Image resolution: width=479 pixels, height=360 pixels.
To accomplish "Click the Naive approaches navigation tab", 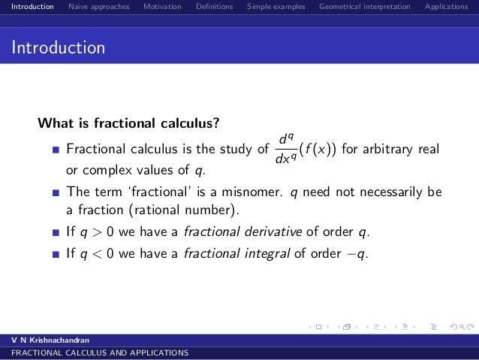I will (x=98, y=7).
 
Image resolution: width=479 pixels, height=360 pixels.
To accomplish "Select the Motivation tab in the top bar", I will (x=162, y=7).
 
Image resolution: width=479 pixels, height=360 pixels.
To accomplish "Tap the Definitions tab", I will (x=214, y=7).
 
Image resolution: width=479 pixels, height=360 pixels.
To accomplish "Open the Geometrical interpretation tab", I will (x=364, y=7).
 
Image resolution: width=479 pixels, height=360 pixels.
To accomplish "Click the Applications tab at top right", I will (x=446, y=7).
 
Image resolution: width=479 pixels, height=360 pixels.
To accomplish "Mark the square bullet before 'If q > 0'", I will (x=55, y=231).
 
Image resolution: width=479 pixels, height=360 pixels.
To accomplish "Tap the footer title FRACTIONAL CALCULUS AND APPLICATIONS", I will (x=95, y=352).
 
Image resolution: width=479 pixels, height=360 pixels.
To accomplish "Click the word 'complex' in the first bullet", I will (x=101, y=167).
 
